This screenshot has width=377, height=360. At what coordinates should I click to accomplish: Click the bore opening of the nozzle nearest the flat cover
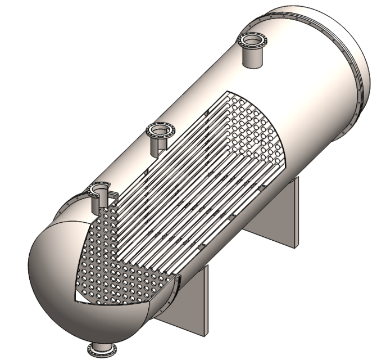coord(252,39)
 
